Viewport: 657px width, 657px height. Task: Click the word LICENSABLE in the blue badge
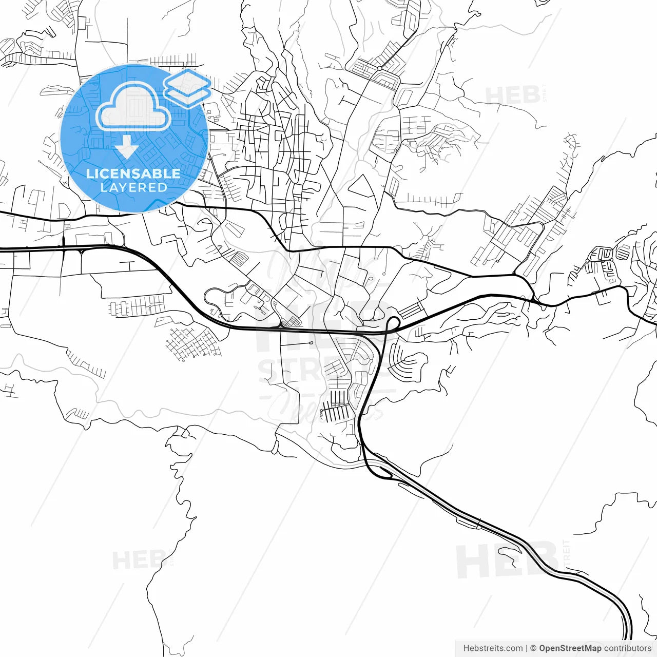(133, 173)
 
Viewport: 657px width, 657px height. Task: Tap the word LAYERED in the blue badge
(133, 187)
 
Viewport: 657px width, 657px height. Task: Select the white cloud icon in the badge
(133, 108)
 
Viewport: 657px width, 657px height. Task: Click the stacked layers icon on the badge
(188, 87)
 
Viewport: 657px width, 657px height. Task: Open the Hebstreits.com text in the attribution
(493, 648)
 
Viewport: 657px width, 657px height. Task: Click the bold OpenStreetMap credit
(570, 648)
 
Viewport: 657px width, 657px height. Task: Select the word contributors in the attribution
(628, 648)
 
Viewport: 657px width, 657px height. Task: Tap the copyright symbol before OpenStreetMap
(533, 648)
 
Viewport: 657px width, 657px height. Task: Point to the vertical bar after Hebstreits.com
(527, 648)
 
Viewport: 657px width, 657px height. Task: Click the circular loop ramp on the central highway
(393, 323)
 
